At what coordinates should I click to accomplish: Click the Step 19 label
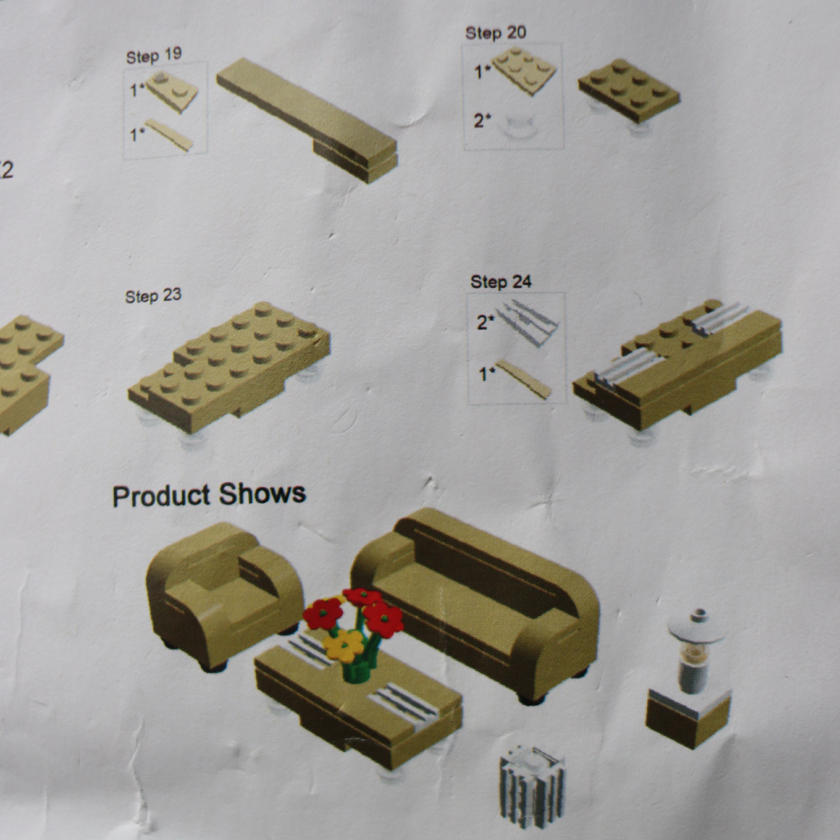154,55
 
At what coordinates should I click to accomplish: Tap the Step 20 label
495,33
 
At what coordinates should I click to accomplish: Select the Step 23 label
153,296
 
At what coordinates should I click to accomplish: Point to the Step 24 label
501,282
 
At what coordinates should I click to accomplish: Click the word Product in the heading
161,495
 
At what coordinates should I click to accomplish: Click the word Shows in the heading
263,493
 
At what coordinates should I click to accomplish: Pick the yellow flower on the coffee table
344,645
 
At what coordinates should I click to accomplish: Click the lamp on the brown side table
695,651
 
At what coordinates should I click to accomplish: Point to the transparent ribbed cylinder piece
531,786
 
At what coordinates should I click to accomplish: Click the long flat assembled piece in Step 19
307,120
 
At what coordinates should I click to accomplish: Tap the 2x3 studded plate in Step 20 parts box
524,71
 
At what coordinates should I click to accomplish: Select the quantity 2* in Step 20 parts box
482,121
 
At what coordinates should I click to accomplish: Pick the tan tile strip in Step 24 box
523,379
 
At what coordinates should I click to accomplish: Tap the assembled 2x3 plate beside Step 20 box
628,91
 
